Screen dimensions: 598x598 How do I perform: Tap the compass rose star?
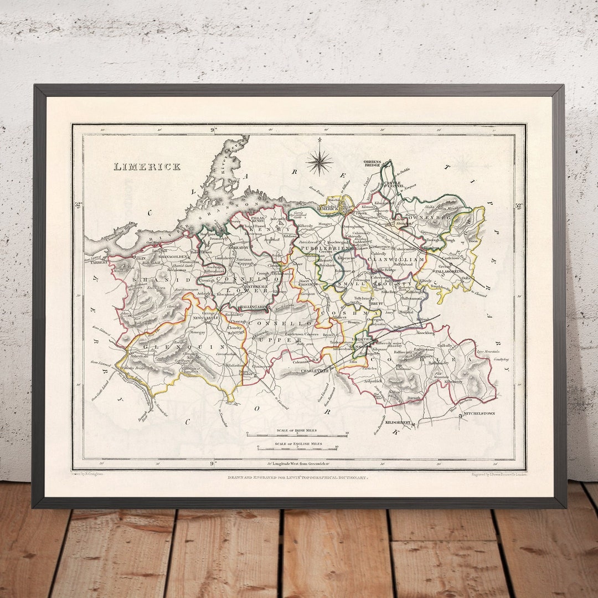click(x=319, y=162)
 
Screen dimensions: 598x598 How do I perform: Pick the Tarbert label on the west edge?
click(x=96, y=264)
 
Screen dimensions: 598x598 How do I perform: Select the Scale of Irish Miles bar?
click(x=297, y=435)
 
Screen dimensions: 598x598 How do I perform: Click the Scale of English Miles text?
click(x=298, y=444)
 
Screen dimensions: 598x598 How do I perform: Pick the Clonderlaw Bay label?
click(x=122, y=227)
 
